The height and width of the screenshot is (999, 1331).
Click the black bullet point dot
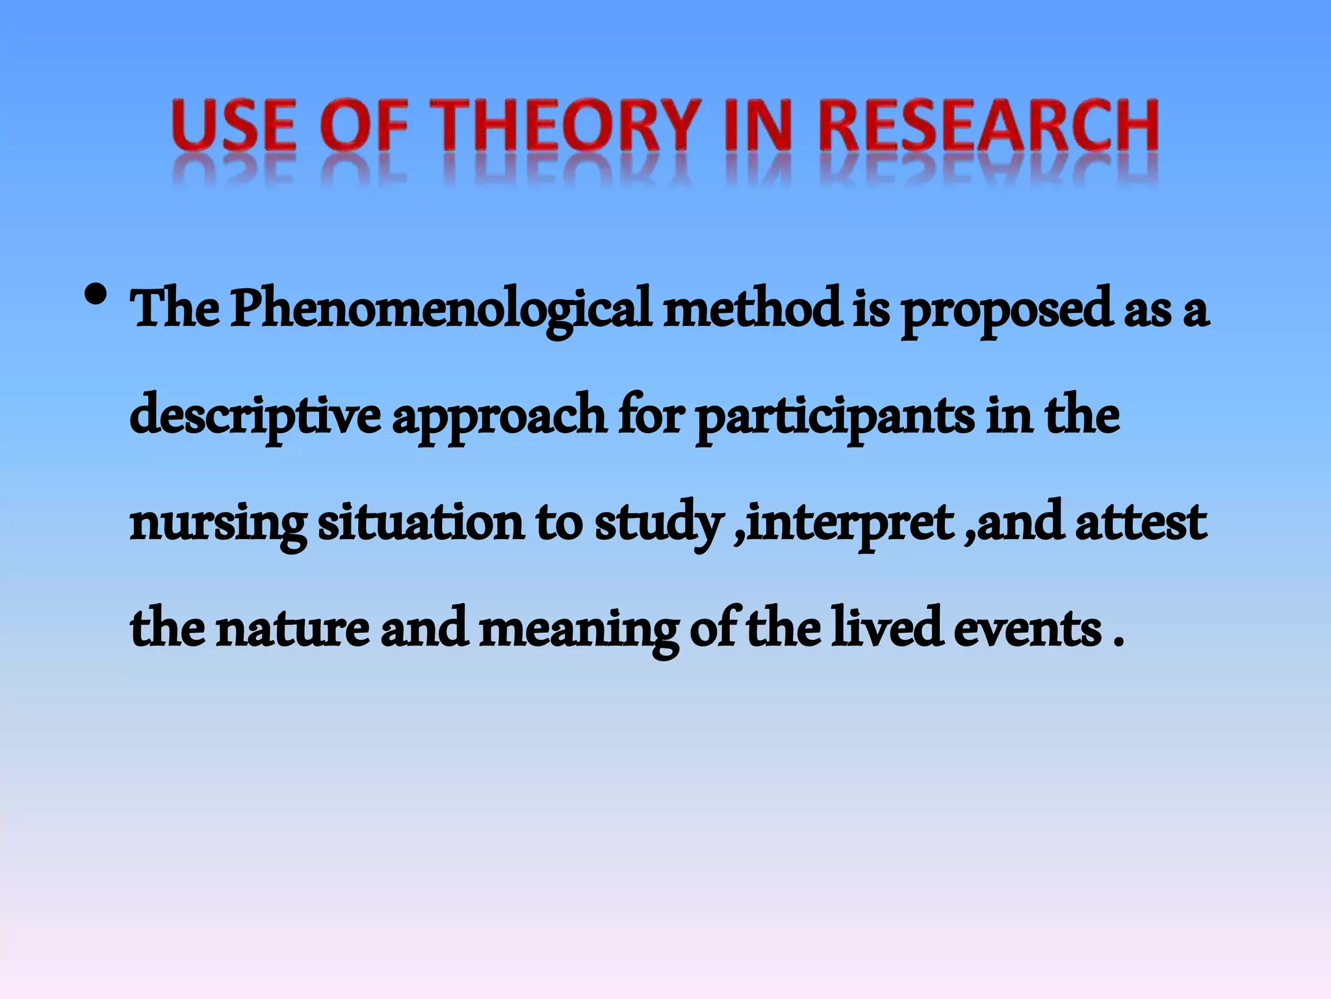(96, 296)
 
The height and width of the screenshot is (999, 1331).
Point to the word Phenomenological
(441, 309)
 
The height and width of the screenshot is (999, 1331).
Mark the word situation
(421, 522)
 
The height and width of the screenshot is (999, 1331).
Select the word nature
(293, 629)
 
